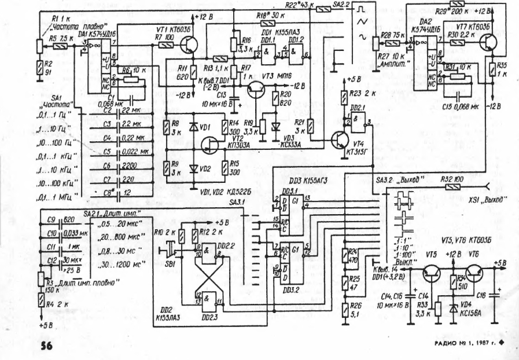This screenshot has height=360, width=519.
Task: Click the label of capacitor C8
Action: click(x=108, y=192)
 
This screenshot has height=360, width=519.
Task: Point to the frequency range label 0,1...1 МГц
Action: click(x=60, y=197)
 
